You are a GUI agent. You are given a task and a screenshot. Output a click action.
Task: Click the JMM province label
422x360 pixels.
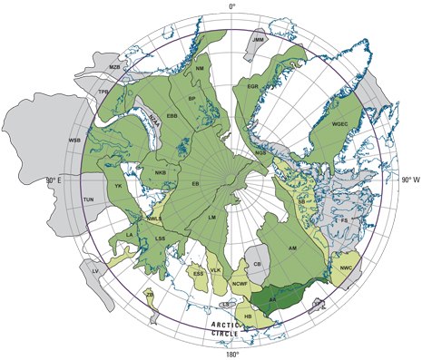click(259, 40)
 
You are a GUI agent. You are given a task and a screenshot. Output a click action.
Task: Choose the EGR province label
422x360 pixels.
click(253, 87)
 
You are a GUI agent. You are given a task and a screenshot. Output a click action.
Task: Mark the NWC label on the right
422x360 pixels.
click(346, 268)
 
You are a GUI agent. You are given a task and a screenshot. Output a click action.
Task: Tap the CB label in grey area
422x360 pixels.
click(258, 263)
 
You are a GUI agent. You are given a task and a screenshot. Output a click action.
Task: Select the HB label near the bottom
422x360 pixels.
click(249, 316)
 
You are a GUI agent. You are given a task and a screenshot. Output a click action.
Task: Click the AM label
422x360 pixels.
click(292, 247)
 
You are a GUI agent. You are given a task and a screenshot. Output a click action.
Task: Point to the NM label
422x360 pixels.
click(200, 68)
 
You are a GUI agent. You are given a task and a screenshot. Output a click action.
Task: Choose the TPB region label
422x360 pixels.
click(105, 92)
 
